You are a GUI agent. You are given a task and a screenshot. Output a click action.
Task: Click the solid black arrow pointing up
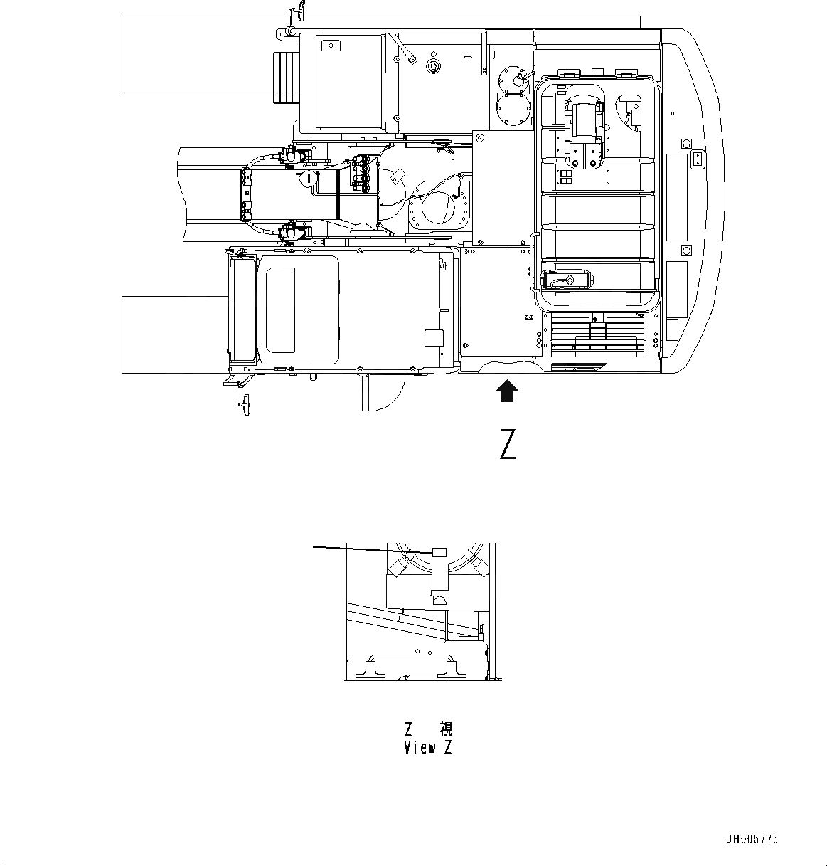tap(506, 391)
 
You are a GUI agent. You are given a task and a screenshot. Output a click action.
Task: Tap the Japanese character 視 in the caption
tap(446, 729)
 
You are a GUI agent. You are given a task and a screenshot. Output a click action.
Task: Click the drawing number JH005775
tap(752, 840)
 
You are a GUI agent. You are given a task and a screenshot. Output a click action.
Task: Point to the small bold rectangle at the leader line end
tap(439, 553)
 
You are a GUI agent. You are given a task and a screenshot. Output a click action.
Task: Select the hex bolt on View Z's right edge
tap(484, 629)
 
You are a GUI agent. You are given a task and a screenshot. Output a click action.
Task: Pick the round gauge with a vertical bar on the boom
tap(308, 178)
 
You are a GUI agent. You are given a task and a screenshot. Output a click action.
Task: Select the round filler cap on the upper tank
tap(432, 65)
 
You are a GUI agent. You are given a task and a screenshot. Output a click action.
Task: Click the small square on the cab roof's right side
tap(432, 337)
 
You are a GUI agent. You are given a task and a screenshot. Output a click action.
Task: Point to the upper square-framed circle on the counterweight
tap(686, 143)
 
